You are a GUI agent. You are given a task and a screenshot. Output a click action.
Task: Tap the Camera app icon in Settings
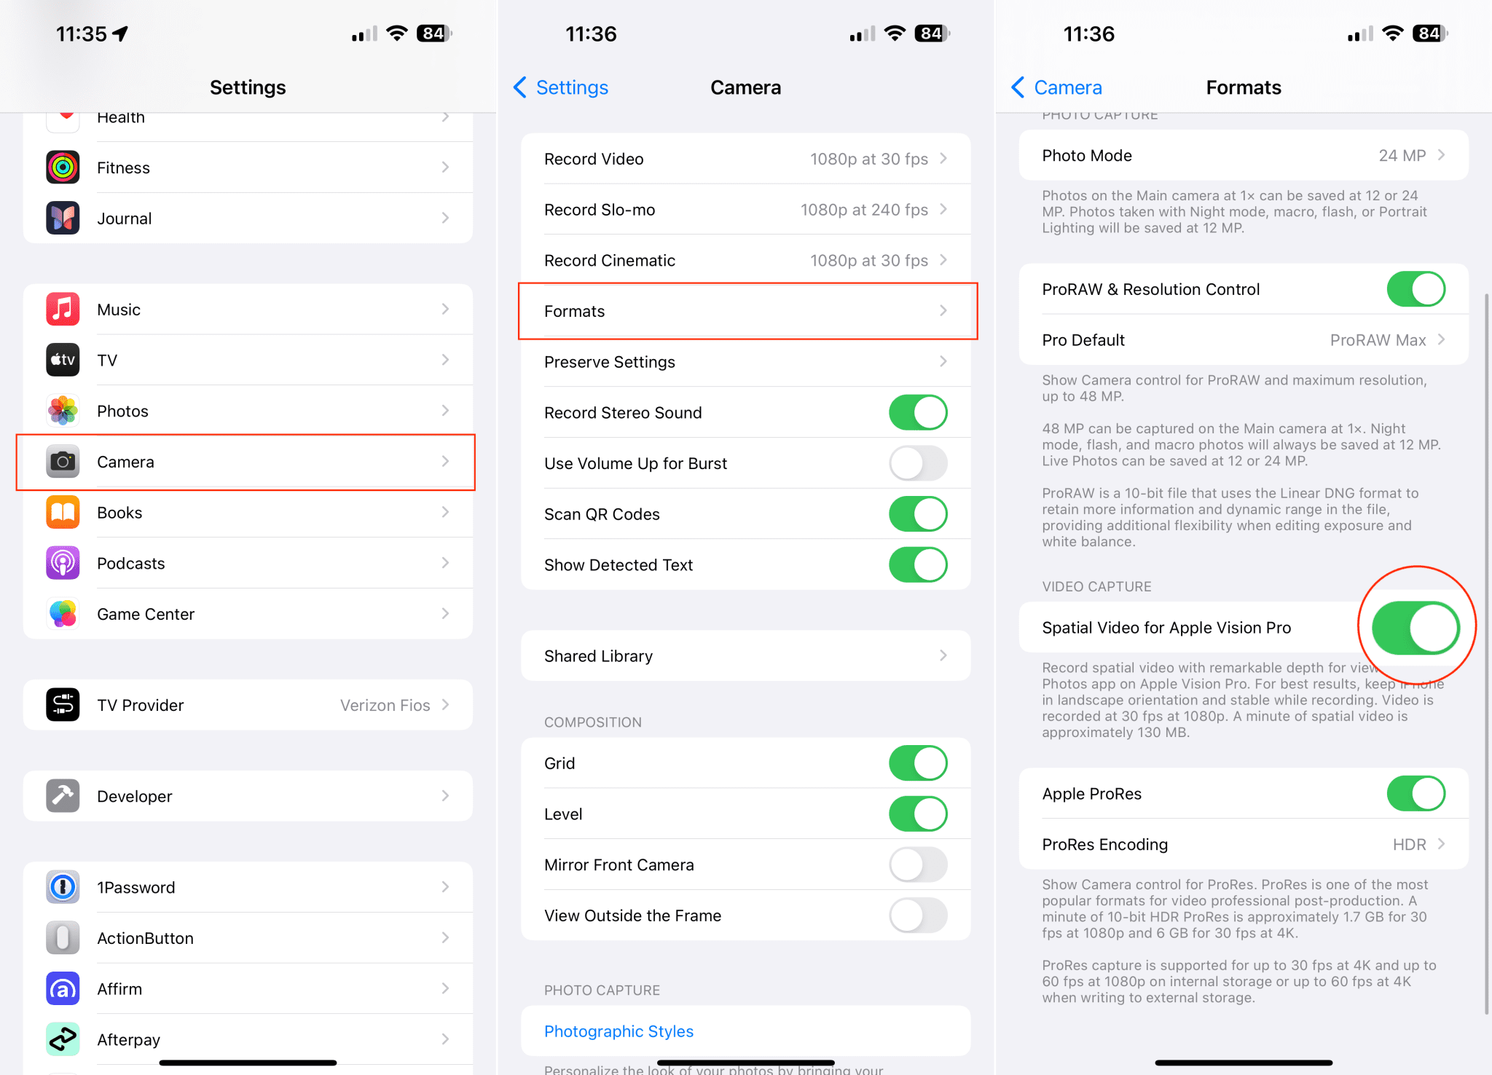[63, 462]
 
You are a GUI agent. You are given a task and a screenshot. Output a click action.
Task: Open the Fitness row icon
[63, 168]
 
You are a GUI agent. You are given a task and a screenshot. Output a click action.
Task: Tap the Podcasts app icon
[63, 563]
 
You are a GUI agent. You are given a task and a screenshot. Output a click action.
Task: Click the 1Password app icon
[63, 887]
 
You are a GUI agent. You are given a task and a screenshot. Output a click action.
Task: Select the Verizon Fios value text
[385, 705]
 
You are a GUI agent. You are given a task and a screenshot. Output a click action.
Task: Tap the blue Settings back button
[562, 87]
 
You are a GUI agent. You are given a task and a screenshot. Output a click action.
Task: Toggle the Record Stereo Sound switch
[917, 412]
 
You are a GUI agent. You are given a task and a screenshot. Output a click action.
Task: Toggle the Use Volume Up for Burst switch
[917, 463]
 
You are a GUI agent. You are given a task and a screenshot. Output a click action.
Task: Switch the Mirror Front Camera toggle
[917, 865]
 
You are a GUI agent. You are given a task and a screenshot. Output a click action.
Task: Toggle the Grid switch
[917, 763]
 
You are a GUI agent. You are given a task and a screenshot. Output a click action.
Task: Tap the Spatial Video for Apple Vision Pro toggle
[1415, 627]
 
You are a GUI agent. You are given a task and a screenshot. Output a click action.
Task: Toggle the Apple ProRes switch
[1415, 793]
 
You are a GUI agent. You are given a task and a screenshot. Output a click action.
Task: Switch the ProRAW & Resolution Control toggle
[1415, 289]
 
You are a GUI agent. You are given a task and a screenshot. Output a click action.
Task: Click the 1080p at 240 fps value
[864, 210]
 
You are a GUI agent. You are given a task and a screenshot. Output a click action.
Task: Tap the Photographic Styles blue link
[619, 1031]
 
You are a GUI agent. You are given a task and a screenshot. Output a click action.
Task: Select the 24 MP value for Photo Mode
[1402, 155]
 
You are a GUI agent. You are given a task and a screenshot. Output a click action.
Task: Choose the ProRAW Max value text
[1378, 340]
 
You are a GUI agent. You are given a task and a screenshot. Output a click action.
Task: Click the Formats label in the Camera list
[574, 311]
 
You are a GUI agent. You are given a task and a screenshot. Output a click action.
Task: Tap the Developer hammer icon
[63, 796]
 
